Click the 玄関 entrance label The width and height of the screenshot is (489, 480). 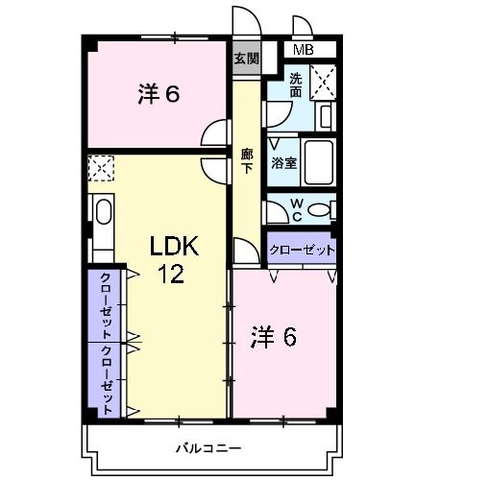point(246,59)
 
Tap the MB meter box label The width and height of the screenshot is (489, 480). point(303,50)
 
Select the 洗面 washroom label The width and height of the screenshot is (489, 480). point(296,85)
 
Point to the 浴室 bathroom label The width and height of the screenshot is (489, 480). point(283,163)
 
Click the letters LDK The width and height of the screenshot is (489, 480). point(173,247)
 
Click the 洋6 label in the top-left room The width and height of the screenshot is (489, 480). point(159,94)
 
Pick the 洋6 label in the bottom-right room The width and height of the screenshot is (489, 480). point(274,337)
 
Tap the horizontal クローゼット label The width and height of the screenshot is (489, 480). point(302,250)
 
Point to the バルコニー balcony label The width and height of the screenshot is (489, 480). point(208,447)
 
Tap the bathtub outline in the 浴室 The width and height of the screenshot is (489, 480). point(319,163)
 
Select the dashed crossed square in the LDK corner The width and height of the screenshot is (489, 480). point(100,169)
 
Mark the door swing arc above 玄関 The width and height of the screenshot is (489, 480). point(244,21)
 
